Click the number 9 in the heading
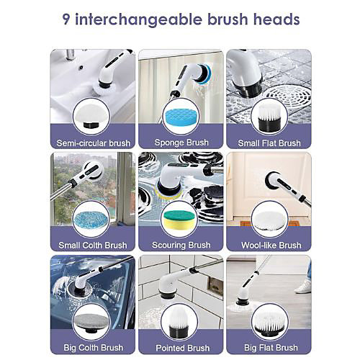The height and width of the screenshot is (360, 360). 66,19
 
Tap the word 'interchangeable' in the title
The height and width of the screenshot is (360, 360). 139,19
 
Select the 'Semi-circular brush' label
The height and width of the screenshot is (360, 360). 94,143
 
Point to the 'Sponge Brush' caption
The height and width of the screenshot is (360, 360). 181,143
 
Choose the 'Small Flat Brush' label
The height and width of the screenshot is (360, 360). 269,143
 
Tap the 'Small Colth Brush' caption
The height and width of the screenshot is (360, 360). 93,246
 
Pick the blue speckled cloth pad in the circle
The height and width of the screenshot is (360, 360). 91,219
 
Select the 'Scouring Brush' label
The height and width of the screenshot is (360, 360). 181,245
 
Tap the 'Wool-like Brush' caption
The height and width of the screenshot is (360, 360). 271,246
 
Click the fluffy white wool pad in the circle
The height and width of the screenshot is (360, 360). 269,219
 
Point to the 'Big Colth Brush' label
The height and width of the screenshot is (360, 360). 93,348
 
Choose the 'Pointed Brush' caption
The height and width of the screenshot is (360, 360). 183,348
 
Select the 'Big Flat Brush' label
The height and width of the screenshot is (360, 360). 271,348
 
